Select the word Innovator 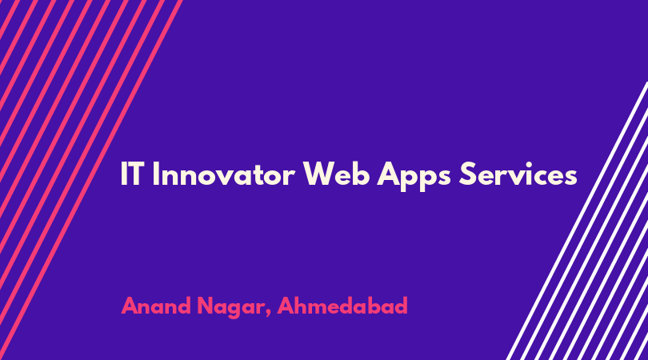223,174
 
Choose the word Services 518,174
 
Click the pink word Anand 156,306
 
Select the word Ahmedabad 342,306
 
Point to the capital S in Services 468,174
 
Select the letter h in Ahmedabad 303,306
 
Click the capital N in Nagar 206,306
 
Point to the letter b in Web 362,174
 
